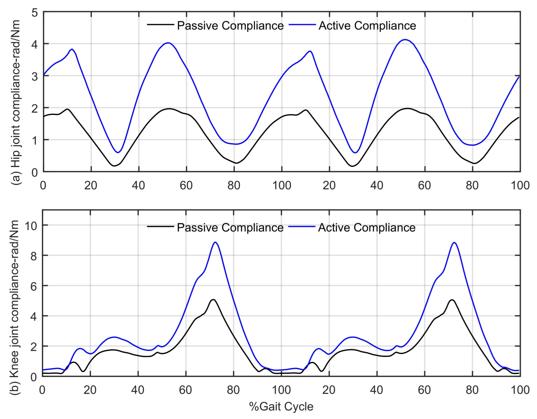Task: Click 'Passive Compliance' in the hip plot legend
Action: (x=230, y=26)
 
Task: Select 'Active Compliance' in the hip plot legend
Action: (x=367, y=26)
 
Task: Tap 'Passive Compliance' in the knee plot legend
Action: (x=230, y=228)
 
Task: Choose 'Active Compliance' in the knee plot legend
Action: (x=367, y=228)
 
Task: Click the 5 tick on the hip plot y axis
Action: (x=35, y=13)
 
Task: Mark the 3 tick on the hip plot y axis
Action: (x=35, y=76)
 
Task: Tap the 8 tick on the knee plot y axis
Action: (x=34, y=256)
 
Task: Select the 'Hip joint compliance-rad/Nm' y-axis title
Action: (x=16, y=94)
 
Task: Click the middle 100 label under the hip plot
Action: (x=281, y=185)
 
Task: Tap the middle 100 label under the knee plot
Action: (x=281, y=390)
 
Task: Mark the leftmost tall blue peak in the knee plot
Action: (x=216, y=242)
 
